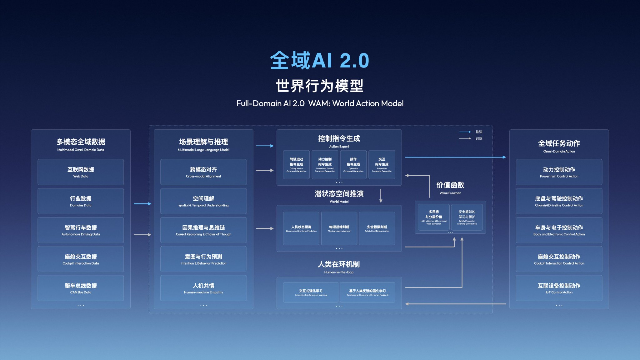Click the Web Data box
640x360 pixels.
pyautogui.click(x=81, y=172)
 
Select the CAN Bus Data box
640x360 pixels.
pyautogui.click(x=81, y=288)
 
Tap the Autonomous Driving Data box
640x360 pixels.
pyautogui.click(x=81, y=230)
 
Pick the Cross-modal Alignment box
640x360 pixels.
pyautogui.click(x=203, y=172)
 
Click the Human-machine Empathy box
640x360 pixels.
pyautogui.click(x=203, y=288)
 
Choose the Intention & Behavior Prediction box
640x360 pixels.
pyautogui.click(x=203, y=259)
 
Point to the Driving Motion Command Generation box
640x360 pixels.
pyautogui.click(x=296, y=165)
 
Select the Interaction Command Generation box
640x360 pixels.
pyautogui.click(x=382, y=165)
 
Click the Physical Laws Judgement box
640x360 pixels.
pyautogui.click(x=339, y=228)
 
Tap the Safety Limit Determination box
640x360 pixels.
pyautogui.click(x=377, y=228)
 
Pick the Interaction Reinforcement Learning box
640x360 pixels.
pyautogui.click(x=311, y=292)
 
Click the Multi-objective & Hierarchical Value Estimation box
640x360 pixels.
pyautogui.click(x=434, y=217)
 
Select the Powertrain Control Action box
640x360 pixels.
pyautogui.click(x=559, y=172)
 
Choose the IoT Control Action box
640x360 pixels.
pyautogui.click(x=559, y=288)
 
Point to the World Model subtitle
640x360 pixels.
pyautogui.click(x=339, y=202)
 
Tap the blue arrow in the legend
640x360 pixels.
pyautogui.click(x=465, y=132)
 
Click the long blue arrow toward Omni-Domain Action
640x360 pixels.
pyautogui.click(x=455, y=157)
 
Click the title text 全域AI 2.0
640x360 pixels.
pyautogui.click(x=320, y=60)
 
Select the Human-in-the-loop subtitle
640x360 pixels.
pyautogui.click(x=339, y=272)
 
